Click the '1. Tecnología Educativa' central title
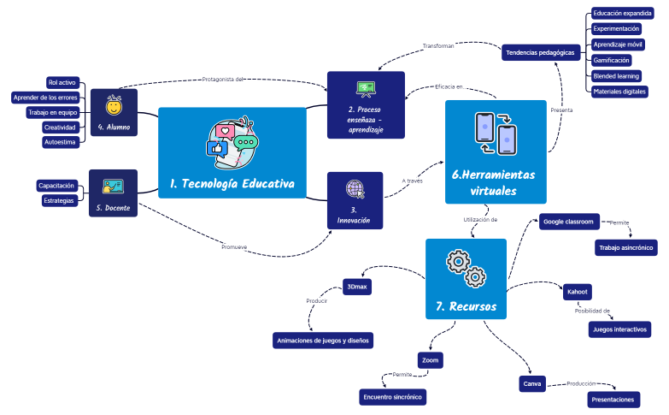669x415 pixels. [x=232, y=183]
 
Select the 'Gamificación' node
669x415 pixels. [x=611, y=60]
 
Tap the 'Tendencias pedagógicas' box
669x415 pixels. [x=540, y=52]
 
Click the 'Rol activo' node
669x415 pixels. [x=62, y=82]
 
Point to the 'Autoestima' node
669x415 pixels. [x=61, y=142]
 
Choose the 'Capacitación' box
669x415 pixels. [x=57, y=185]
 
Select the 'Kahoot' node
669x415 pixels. [x=577, y=292]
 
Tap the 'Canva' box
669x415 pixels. [x=532, y=383]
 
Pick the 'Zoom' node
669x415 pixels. [x=431, y=360]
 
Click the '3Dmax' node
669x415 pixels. [x=356, y=287]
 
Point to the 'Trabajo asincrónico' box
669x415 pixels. [x=626, y=247]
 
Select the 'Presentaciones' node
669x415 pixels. [x=613, y=400]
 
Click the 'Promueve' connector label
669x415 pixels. [x=234, y=247]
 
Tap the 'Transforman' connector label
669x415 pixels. [x=438, y=45]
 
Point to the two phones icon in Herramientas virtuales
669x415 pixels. [x=495, y=133]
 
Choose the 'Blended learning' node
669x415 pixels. [x=616, y=75]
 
